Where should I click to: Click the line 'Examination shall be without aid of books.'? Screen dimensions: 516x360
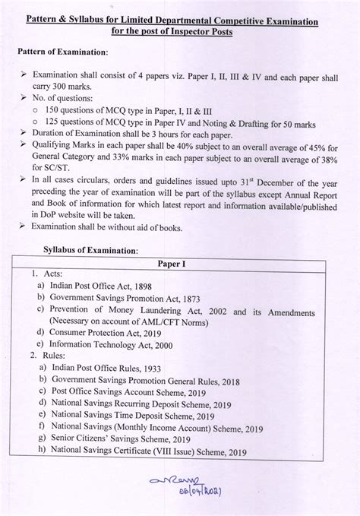(x=122, y=227)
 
